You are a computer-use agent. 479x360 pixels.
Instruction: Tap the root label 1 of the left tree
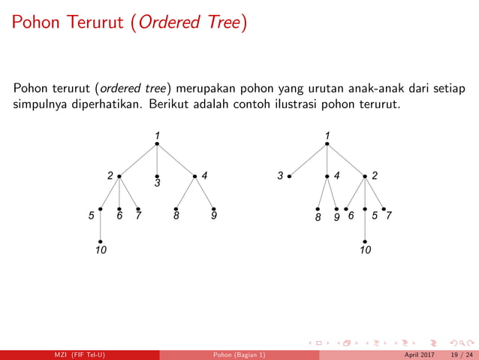tap(157, 135)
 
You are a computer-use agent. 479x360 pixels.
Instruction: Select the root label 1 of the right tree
tap(327, 135)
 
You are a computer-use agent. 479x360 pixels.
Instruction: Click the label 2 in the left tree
tap(110, 176)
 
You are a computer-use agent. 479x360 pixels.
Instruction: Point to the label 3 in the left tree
tap(158, 183)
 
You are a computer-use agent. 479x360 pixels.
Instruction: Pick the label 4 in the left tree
tap(204, 176)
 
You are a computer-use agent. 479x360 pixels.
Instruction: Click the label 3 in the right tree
tap(280, 176)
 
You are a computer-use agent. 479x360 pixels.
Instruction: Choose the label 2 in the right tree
tap(375, 176)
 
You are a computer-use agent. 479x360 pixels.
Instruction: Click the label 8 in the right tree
tap(318, 216)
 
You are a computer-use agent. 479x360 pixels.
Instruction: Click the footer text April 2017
tap(419, 355)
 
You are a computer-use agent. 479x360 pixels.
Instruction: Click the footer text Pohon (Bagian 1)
tap(239, 355)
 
